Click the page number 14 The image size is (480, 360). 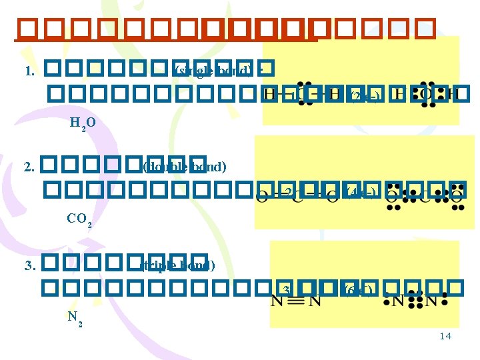pos(445,336)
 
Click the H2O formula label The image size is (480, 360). pos(83,123)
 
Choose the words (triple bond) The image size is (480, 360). pos(178,266)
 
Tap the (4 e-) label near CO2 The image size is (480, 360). pos(363,194)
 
